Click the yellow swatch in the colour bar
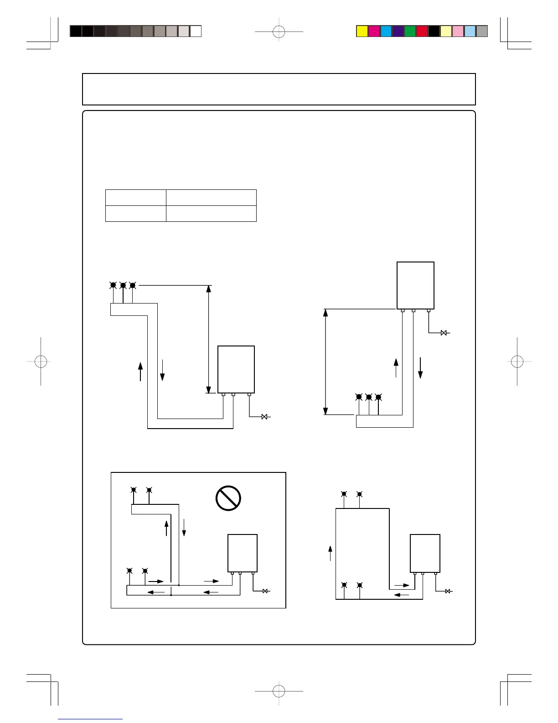(362, 31)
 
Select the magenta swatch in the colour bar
(374, 31)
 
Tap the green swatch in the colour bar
(410, 31)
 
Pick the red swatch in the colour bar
(422, 31)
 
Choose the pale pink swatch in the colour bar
(458, 31)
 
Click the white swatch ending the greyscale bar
(196, 31)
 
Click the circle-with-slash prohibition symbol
(228, 498)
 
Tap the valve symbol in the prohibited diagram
(265, 591)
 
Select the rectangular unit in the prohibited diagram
(243, 553)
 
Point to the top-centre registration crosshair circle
(279, 32)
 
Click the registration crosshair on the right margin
(517, 361)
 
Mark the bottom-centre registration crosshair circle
(279, 691)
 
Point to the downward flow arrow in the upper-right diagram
(420, 368)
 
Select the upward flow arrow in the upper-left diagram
(140, 371)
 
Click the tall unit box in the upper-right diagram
(415, 285)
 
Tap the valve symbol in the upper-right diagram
(444, 333)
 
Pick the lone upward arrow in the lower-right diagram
(330, 553)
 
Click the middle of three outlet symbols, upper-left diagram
(123, 286)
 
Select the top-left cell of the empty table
(135, 198)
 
